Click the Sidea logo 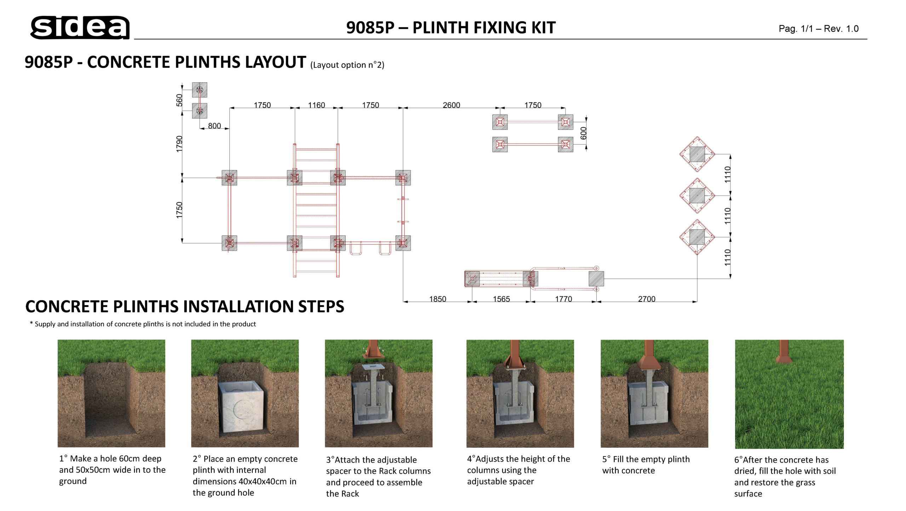(x=80, y=27)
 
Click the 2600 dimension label (x=451, y=105)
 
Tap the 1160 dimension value (x=316, y=105)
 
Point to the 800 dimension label (x=214, y=126)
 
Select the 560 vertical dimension (x=179, y=100)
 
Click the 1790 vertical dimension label (x=179, y=144)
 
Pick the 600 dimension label (x=584, y=133)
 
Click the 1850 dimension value (x=437, y=299)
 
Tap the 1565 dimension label (x=501, y=299)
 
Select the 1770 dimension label (x=563, y=299)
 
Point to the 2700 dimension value (x=647, y=299)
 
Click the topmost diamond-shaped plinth (x=697, y=154)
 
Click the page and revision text (x=818, y=29)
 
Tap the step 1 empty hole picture (x=111, y=393)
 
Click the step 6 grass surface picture (x=789, y=394)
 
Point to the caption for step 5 (x=646, y=465)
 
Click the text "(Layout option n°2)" (x=347, y=65)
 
